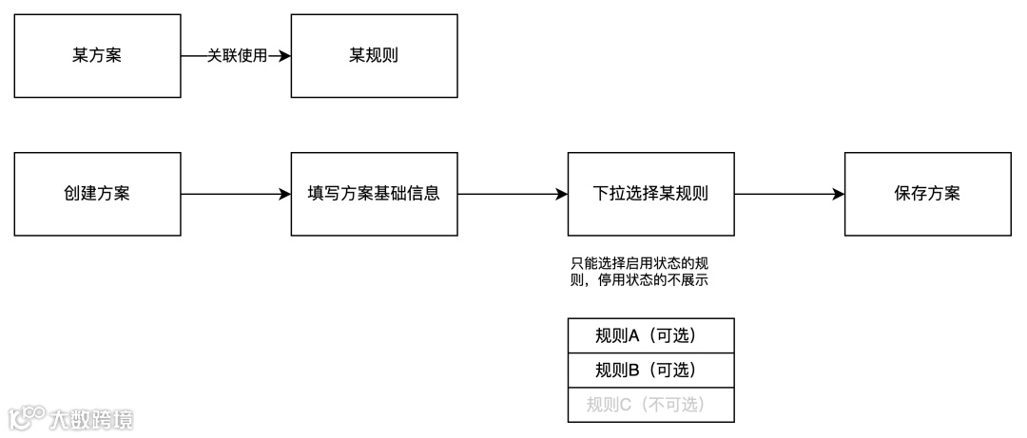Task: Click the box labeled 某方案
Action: click(x=97, y=56)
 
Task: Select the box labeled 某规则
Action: click(x=374, y=56)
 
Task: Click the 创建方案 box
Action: click(x=97, y=194)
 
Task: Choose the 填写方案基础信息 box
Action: click(x=374, y=194)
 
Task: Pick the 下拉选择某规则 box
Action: click(x=650, y=194)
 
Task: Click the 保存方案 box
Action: click(x=927, y=194)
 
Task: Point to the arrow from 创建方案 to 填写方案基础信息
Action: click(x=235, y=194)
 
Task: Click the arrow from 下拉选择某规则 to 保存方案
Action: click(x=789, y=194)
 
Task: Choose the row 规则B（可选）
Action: click(x=650, y=370)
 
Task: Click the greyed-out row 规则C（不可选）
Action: click(x=650, y=405)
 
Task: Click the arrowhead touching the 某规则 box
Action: click(x=284, y=56)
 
